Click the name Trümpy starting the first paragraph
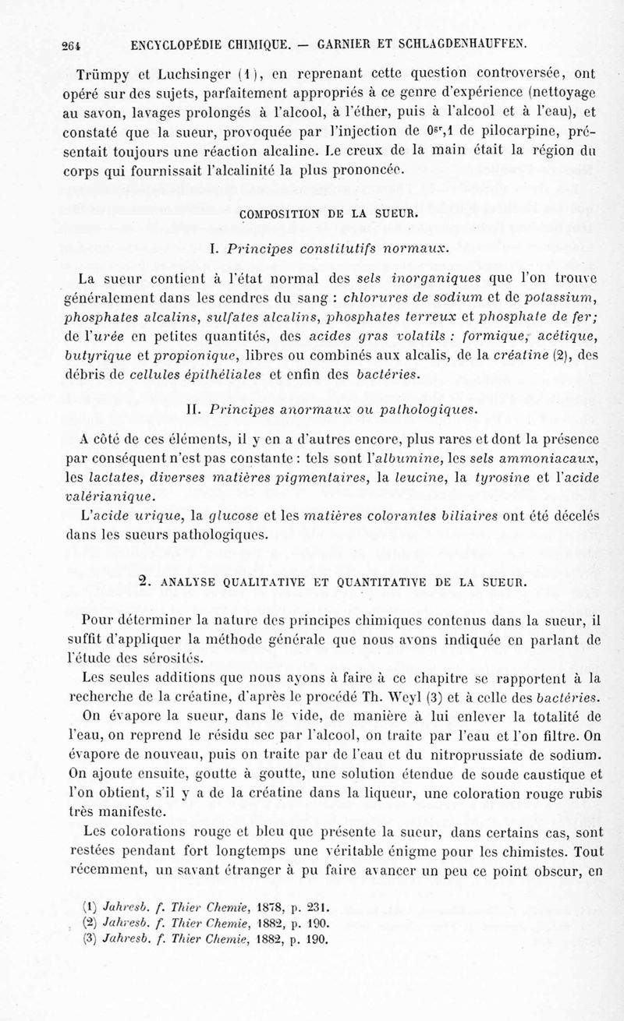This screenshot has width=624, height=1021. pyautogui.click(x=107, y=74)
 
